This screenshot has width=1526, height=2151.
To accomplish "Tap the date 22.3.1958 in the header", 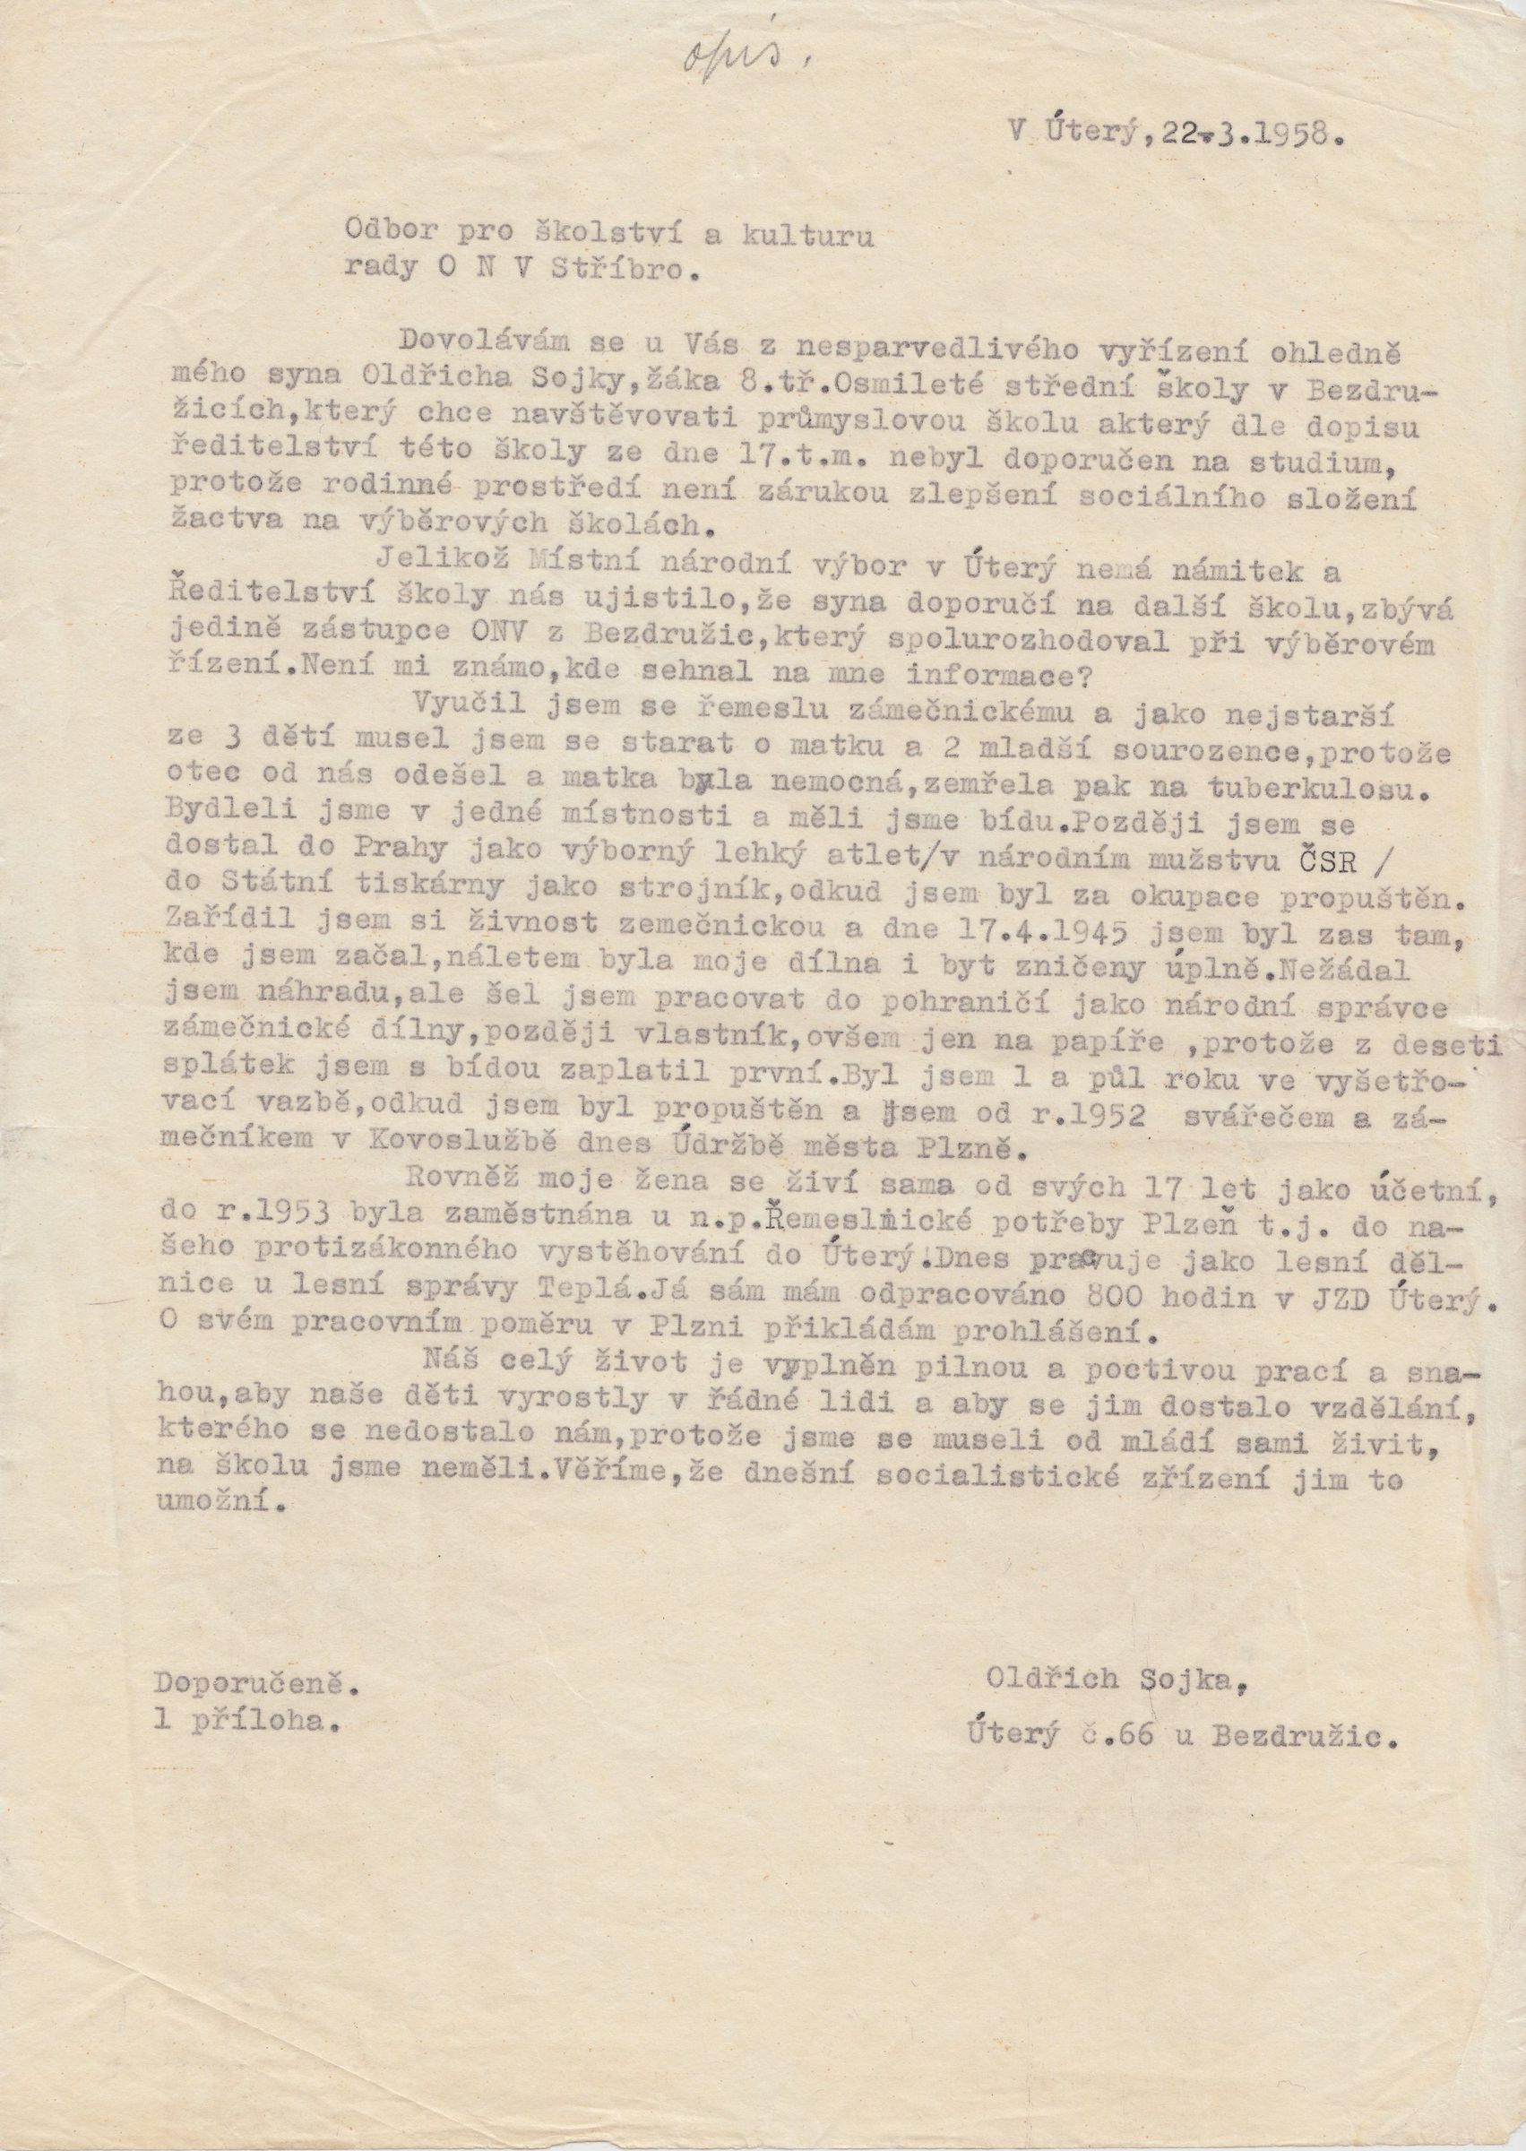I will pos(1240,134).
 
